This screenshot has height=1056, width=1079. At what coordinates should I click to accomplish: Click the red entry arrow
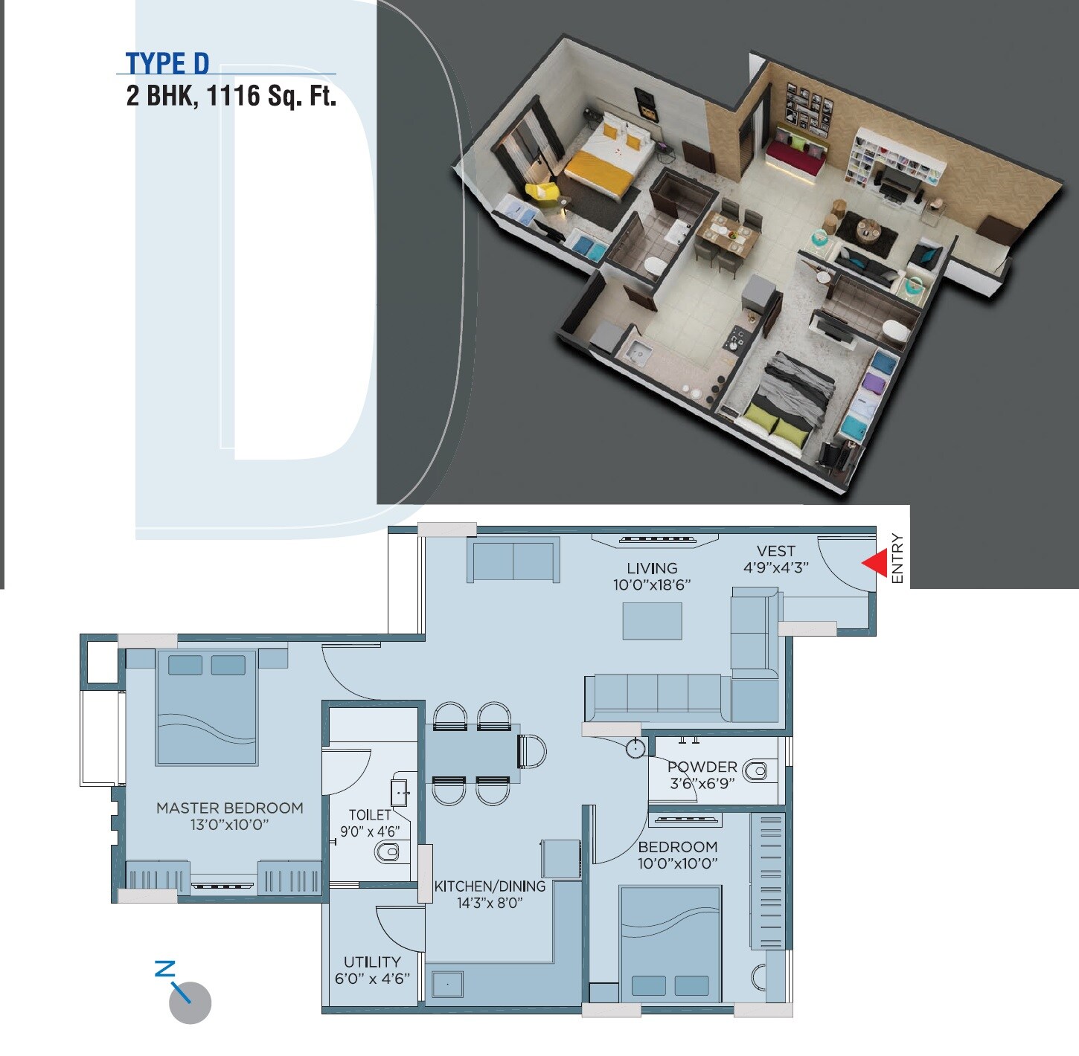(x=877, y=563)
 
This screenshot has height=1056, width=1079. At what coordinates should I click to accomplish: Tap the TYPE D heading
(x=167, y=63)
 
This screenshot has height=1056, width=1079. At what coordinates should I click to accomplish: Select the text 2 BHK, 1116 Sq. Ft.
(x=231, y=96)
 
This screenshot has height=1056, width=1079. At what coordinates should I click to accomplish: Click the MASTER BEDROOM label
(x=229, y=808)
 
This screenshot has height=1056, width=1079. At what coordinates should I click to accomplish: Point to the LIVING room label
(x=652, y=568)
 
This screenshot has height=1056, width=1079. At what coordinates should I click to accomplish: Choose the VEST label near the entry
(x=775, y=551)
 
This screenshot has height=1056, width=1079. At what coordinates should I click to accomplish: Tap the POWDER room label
(x=702, y=766)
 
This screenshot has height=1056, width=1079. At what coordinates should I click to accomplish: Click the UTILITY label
(x=372, y=962)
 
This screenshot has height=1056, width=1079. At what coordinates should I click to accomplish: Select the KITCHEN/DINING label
(x=490, y=886)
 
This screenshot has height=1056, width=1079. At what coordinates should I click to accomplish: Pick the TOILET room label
(x=370, y=814)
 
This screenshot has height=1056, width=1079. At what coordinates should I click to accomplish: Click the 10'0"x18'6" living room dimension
(x=652, y=585)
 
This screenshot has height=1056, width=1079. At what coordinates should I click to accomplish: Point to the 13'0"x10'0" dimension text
(x=229, y=825)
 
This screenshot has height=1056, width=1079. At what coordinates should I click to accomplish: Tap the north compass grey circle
(x=190, y=1003)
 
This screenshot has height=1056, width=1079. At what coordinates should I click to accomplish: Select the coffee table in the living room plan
(x=652, y=621)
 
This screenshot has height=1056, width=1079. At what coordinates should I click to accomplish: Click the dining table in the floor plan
(x=473, y=753)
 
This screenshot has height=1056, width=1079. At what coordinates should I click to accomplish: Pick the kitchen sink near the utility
(x=447, y=984)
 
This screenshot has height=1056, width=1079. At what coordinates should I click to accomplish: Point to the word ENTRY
(x=897, y=558)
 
